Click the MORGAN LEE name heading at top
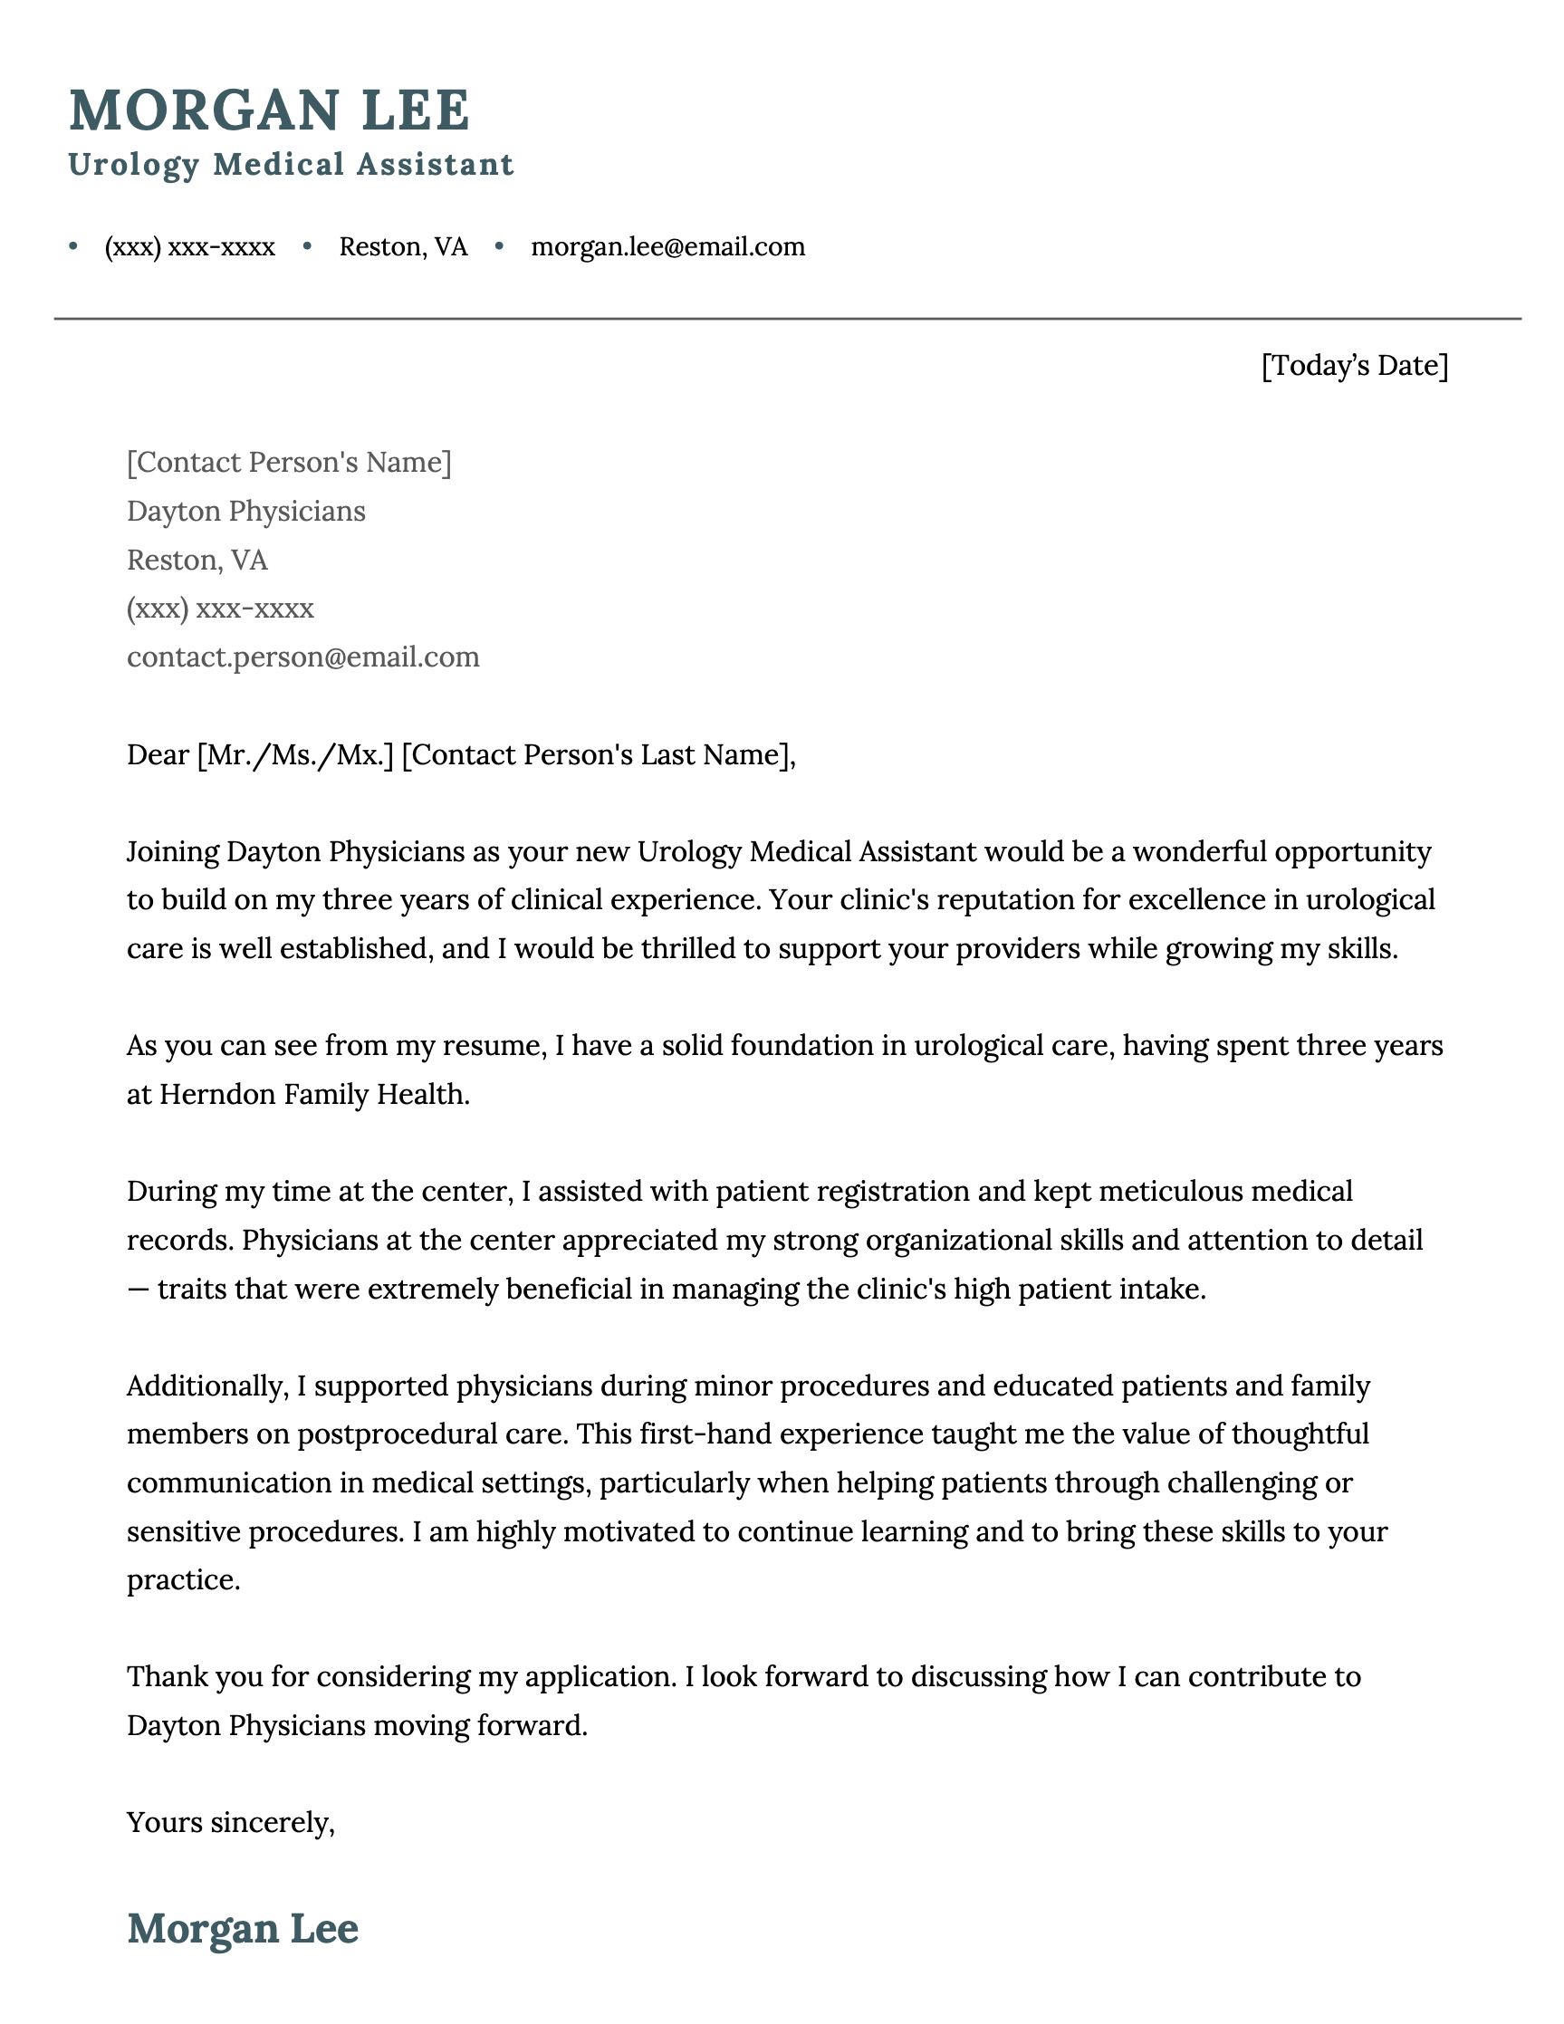pos(269,110)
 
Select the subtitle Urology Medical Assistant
pos(290,164)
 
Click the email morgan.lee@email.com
pos(667,246)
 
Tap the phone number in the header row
pos(189,246)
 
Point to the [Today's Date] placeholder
pos(1354,365)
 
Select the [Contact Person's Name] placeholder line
pos(289,462)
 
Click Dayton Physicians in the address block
pos(245,511)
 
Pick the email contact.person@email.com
pos(303,657)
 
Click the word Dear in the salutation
pos(158,754)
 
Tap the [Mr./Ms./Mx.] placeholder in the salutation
pos(295,754)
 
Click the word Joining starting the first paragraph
pos(172,850)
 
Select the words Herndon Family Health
pos(314,1095)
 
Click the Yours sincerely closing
pos(230,1822)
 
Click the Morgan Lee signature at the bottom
pos(242,1928)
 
